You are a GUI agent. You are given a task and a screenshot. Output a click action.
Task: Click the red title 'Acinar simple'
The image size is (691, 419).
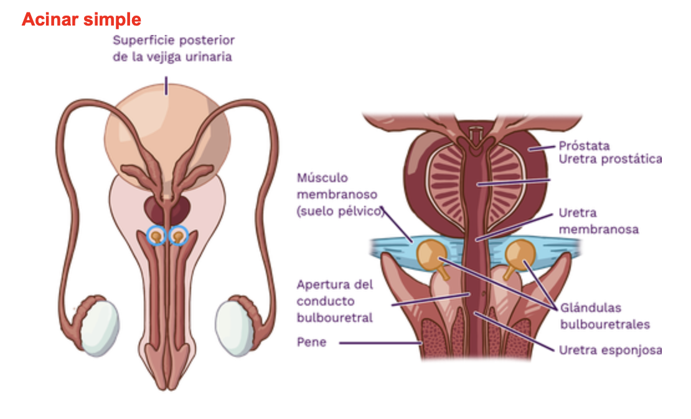coord(82,19)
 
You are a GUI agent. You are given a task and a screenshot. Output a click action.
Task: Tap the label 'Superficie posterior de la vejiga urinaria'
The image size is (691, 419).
coord(173,49)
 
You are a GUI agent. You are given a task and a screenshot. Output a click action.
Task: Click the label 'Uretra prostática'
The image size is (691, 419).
coord(609,160)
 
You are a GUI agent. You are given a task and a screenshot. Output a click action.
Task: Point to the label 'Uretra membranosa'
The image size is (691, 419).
coord(598,221)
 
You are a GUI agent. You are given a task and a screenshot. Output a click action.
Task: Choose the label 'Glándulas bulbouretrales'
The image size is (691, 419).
coord(604,315)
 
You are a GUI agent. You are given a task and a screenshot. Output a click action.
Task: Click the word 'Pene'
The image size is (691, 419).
coord(311,342)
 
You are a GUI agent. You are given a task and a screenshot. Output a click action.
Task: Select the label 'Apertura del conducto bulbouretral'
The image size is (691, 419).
coord(335,301)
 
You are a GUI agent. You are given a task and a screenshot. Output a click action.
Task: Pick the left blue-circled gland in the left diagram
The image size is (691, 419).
coord(156,236)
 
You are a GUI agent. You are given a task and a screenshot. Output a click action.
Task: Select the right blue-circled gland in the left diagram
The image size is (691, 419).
coord(179,236)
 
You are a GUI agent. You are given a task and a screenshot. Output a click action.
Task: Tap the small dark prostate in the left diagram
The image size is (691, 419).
coord(166,208)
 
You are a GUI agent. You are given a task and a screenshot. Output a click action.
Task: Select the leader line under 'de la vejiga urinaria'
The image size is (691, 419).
coord(166,85)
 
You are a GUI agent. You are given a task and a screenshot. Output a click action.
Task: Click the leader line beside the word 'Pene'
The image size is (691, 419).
coord(380,343)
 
